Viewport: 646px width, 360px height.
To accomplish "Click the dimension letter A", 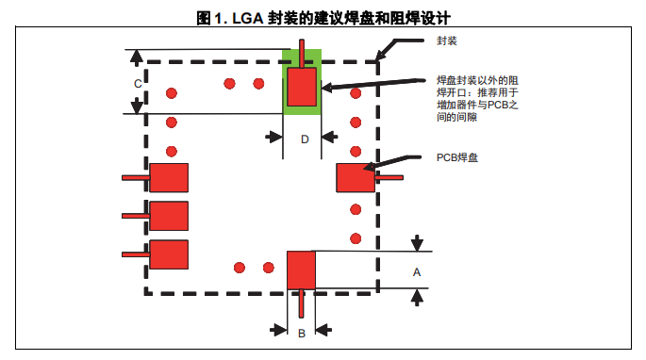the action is (417, 272).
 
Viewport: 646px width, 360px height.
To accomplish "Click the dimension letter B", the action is (302, 334).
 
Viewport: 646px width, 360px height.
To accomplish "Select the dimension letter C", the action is (138, 84).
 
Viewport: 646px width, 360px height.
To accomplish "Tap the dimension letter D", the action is (305, 139).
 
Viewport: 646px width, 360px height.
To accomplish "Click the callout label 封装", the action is (447, 41).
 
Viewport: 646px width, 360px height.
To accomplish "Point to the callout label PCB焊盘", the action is (457, 157).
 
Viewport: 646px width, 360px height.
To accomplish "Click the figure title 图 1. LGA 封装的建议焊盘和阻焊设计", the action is (323, 18).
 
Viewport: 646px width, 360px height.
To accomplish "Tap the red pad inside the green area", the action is (302, 87).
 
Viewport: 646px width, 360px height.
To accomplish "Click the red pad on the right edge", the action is (356, 178).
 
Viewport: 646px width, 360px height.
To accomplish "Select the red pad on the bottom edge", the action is (301, 270).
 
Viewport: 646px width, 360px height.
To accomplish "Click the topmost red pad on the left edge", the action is (169, 178).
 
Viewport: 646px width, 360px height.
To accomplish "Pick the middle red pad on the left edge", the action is (169, 216).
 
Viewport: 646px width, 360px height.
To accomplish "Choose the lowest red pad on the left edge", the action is (169, 254).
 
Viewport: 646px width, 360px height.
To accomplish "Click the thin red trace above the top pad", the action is (302, 54).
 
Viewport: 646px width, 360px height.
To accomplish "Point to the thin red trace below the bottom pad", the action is (302, 303).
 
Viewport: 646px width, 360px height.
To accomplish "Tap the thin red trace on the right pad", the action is (389, 178).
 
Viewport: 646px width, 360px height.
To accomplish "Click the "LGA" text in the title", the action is (248, 19).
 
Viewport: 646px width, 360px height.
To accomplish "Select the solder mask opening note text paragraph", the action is (477, 99).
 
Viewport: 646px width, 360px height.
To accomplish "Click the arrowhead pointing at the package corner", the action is (381, 56).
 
